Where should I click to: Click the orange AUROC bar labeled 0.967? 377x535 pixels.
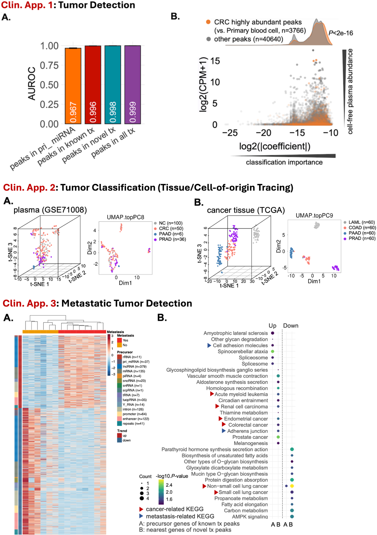[73, 86]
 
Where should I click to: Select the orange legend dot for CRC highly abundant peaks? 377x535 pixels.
[208, 23]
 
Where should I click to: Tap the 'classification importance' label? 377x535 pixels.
[284, 162]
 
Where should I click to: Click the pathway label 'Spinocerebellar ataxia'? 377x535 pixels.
[243, 351]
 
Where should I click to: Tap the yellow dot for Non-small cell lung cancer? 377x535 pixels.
[292, 486]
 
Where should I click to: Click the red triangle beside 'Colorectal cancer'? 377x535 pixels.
[224, 425]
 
